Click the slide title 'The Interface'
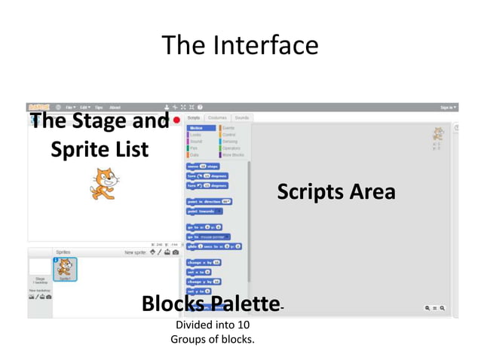240,45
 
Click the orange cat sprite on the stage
105,183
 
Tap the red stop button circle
176,119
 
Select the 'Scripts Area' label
335,192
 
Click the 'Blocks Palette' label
210,304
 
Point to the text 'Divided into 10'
213,325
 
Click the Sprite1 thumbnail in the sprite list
65,269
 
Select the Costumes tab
217,118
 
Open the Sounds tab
241,118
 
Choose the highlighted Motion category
198,128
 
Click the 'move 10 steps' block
202,166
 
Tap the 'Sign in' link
448,108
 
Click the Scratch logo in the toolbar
38,108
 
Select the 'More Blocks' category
231,155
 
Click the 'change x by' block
204,262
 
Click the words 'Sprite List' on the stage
100,149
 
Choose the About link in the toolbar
115,108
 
